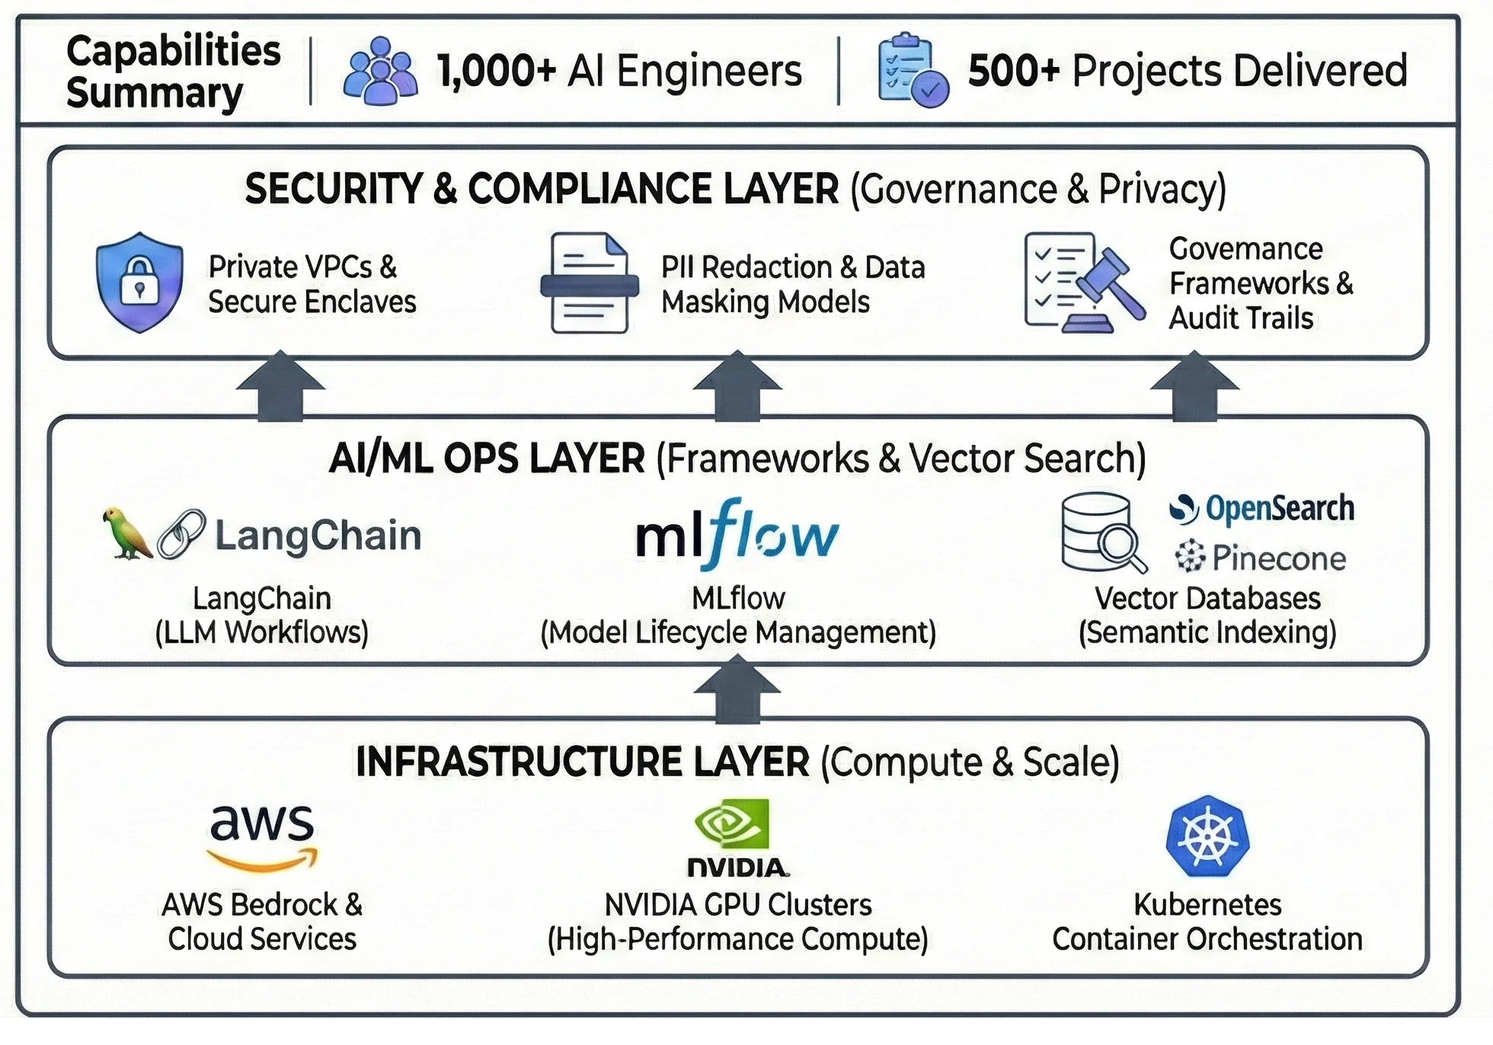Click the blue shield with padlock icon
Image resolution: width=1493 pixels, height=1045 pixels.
coord(139,282)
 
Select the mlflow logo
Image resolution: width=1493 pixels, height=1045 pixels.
coord(737,535)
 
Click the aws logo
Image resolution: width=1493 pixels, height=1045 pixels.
coord(262,836)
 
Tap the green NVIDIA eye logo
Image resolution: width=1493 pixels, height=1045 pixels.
coord(731,824)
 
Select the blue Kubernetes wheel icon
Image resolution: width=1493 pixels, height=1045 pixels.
coord(1207,836)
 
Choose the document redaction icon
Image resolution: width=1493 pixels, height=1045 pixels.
coord(589,283)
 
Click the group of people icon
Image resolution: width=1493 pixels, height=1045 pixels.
coord(379,71)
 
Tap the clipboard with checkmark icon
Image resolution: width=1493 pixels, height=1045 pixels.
coord(912,71)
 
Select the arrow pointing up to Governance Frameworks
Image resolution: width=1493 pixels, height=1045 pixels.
coord(1194,386)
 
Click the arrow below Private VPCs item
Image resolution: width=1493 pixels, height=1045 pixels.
coord(280,386)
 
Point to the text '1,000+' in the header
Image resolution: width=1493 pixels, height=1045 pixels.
coord(496,71)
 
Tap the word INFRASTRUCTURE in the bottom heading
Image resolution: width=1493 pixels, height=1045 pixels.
coord(519,762)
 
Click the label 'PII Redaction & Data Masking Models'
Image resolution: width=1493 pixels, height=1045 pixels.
coord(792,284)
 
